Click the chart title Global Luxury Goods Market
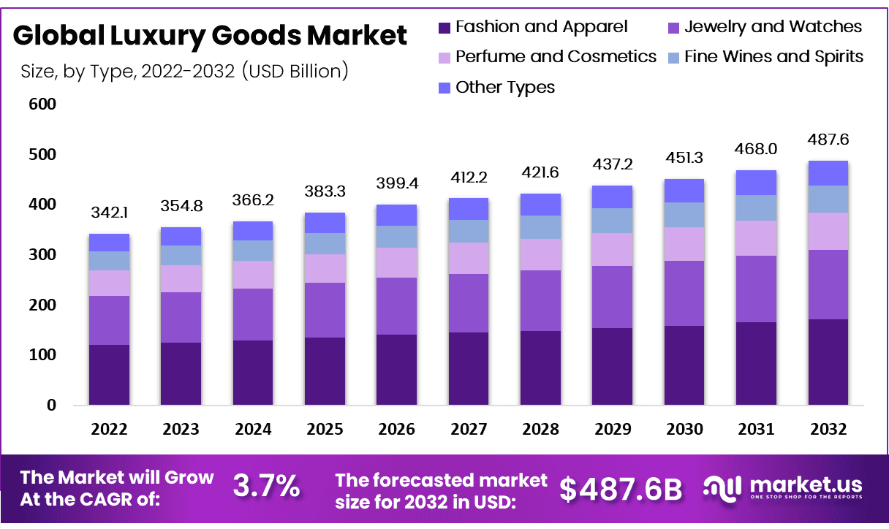[210, 35]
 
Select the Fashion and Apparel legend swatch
[444, 28]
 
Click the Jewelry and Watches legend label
[773, 27]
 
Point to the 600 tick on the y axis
[43, 104]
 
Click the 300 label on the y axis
[43, 255]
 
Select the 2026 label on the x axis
[396, 429]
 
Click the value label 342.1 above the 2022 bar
[109, 213]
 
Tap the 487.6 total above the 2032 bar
[828, 139]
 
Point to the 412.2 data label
[468, 176]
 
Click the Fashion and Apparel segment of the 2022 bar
[109, 374]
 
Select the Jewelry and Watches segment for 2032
[828, 284]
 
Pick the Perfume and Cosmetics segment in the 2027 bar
[468, 258]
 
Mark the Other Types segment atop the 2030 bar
[684, 190]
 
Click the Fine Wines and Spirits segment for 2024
[252, 250]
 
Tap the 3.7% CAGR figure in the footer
[266, 487]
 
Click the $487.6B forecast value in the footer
[621, 489]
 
